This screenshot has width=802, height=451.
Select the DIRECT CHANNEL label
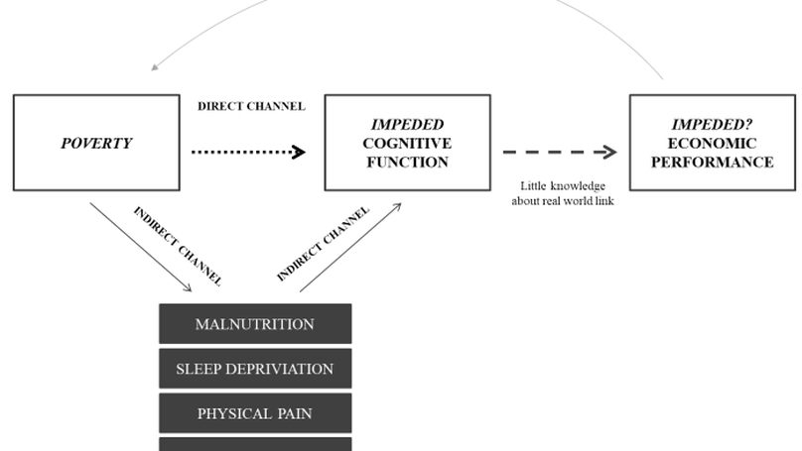251,106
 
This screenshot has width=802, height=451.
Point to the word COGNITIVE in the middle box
407,144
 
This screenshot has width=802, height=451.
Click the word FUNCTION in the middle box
407,163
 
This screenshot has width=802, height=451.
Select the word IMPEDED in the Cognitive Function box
407,125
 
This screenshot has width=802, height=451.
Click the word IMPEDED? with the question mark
713,125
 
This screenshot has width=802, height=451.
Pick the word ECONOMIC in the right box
713,144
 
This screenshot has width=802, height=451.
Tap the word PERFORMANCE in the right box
713,163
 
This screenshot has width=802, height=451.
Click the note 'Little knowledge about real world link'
562,194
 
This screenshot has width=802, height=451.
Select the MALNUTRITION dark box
255,324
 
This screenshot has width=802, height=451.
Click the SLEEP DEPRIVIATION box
255,369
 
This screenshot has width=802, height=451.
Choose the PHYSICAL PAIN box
255,413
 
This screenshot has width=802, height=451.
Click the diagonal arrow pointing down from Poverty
139,246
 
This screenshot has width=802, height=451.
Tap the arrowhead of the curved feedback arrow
156,68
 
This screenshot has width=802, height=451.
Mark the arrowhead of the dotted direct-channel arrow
301,153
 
